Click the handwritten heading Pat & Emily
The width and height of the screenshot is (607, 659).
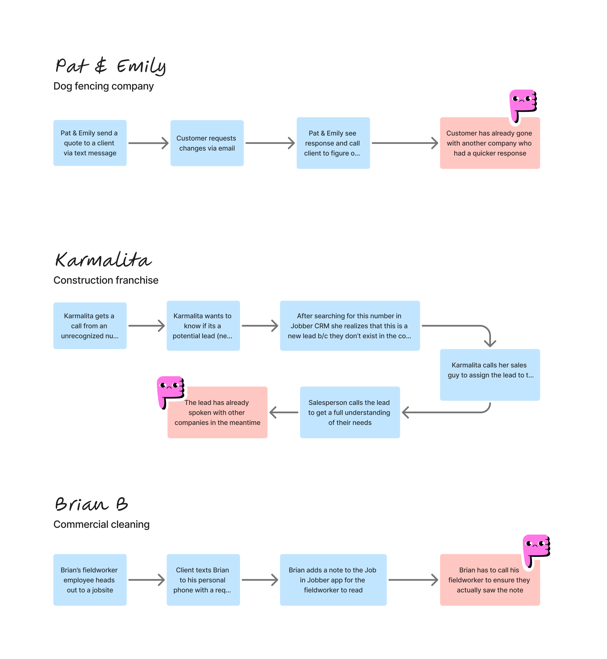point(111,66)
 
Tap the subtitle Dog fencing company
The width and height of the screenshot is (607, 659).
point(103,86)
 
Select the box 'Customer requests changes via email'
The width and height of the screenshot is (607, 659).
point(207,143)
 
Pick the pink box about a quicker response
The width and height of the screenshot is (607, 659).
point(490,143)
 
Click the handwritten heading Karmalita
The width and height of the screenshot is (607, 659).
point(103,260)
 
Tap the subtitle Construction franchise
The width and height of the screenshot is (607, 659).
point(106,280)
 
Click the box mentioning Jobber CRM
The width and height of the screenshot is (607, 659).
point(350,326)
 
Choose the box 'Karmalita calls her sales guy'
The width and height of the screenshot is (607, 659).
point(490,375)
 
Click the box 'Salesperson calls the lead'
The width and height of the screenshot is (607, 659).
point(350,412)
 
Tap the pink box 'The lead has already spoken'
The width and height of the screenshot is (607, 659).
point(218,412)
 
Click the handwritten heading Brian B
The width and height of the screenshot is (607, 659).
point(91,504)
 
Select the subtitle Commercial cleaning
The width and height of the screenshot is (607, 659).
point(101,524)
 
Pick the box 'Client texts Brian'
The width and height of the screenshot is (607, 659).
point(203,580)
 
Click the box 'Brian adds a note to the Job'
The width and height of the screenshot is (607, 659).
point(333,580)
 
